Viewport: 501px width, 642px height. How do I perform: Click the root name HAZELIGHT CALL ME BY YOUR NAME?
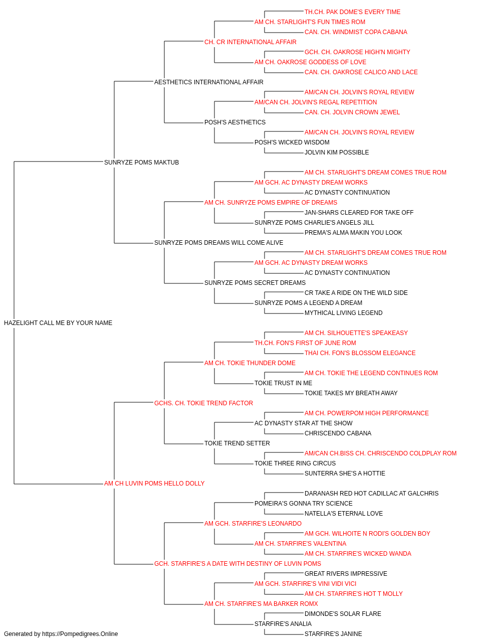(x=58, y=323)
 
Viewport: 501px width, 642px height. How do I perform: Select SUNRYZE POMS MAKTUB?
(x=141, y=163)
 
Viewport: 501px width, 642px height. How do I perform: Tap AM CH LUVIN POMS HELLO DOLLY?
(x=154, y=484)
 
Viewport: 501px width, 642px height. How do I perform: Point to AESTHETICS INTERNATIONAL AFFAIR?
(x=208, y=82)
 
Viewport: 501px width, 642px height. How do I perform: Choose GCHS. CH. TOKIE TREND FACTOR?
(x=203, y=403)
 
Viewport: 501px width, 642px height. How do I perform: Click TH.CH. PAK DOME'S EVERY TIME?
(x=352, y=12)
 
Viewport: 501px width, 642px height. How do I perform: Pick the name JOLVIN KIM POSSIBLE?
(x=337, y=152)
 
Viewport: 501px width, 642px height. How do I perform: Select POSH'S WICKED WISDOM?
(x=292, y=142)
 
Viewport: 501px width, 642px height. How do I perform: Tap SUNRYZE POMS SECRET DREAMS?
(x=255, y=283)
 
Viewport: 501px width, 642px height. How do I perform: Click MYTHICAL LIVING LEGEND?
(x=344, y=313)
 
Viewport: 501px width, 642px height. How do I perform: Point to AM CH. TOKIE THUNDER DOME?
(x=250, y=363)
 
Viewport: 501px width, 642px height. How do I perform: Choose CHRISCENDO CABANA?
(x=338, y=433)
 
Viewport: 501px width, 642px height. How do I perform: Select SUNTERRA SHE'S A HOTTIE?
(x=345, y=473)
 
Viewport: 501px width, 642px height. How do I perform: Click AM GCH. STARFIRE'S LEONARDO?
(x=253, y=524)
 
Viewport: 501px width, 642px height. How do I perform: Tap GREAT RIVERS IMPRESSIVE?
(x=346, y=574)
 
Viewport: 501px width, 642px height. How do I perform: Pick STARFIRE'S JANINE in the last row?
(x=333, y=634)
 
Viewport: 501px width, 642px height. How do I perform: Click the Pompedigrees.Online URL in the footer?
(x=80, y=634)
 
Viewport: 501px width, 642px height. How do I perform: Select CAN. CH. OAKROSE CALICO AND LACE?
(x=361, y=72)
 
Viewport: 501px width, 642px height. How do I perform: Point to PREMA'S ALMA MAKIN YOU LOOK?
(x=353, y=233)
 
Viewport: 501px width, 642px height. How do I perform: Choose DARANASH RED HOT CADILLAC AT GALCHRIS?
(x=371, y=494)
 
